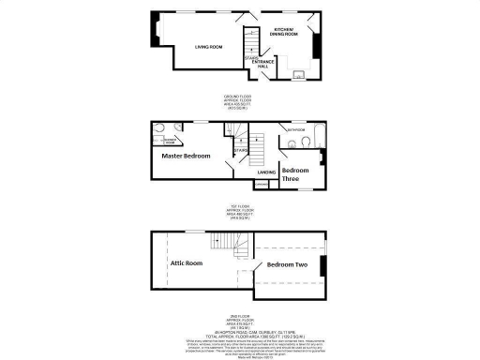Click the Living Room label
pyautogui.click(x=208, y=47)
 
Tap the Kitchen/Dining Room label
pyautogui.click(x=285, y=34)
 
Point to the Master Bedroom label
pyautogui.click(x=185, y=156)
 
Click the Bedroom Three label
pyautogui.click(x=296, y=175)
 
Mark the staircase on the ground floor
pyautogui.click(x=250, y=42)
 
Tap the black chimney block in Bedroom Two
pyautogui.click(x=322, y=265)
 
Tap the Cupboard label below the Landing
pyautogui.click(x=262, y=185)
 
